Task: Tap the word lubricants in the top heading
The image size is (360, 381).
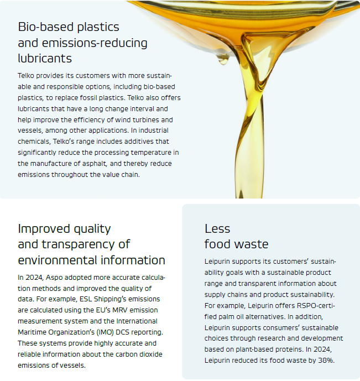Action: pyautogui.click(x=45, y=58)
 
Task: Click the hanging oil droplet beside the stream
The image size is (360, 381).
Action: pyautogui.click(x=223, y=60)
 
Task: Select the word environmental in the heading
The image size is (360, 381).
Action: pyautogui.click(x=58, y=260)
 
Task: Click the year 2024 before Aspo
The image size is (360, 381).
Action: pyautogui.click(x=34, y=278)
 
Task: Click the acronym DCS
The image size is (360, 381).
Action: pyautogui.click(x=123, y=332)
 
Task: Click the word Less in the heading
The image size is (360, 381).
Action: pyautogui.click(x=217, y=229)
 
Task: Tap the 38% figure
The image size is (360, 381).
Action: pyautogui.click(x=326, y=361)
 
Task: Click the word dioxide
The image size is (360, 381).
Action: pyautogui.click(x=151, y=354)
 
